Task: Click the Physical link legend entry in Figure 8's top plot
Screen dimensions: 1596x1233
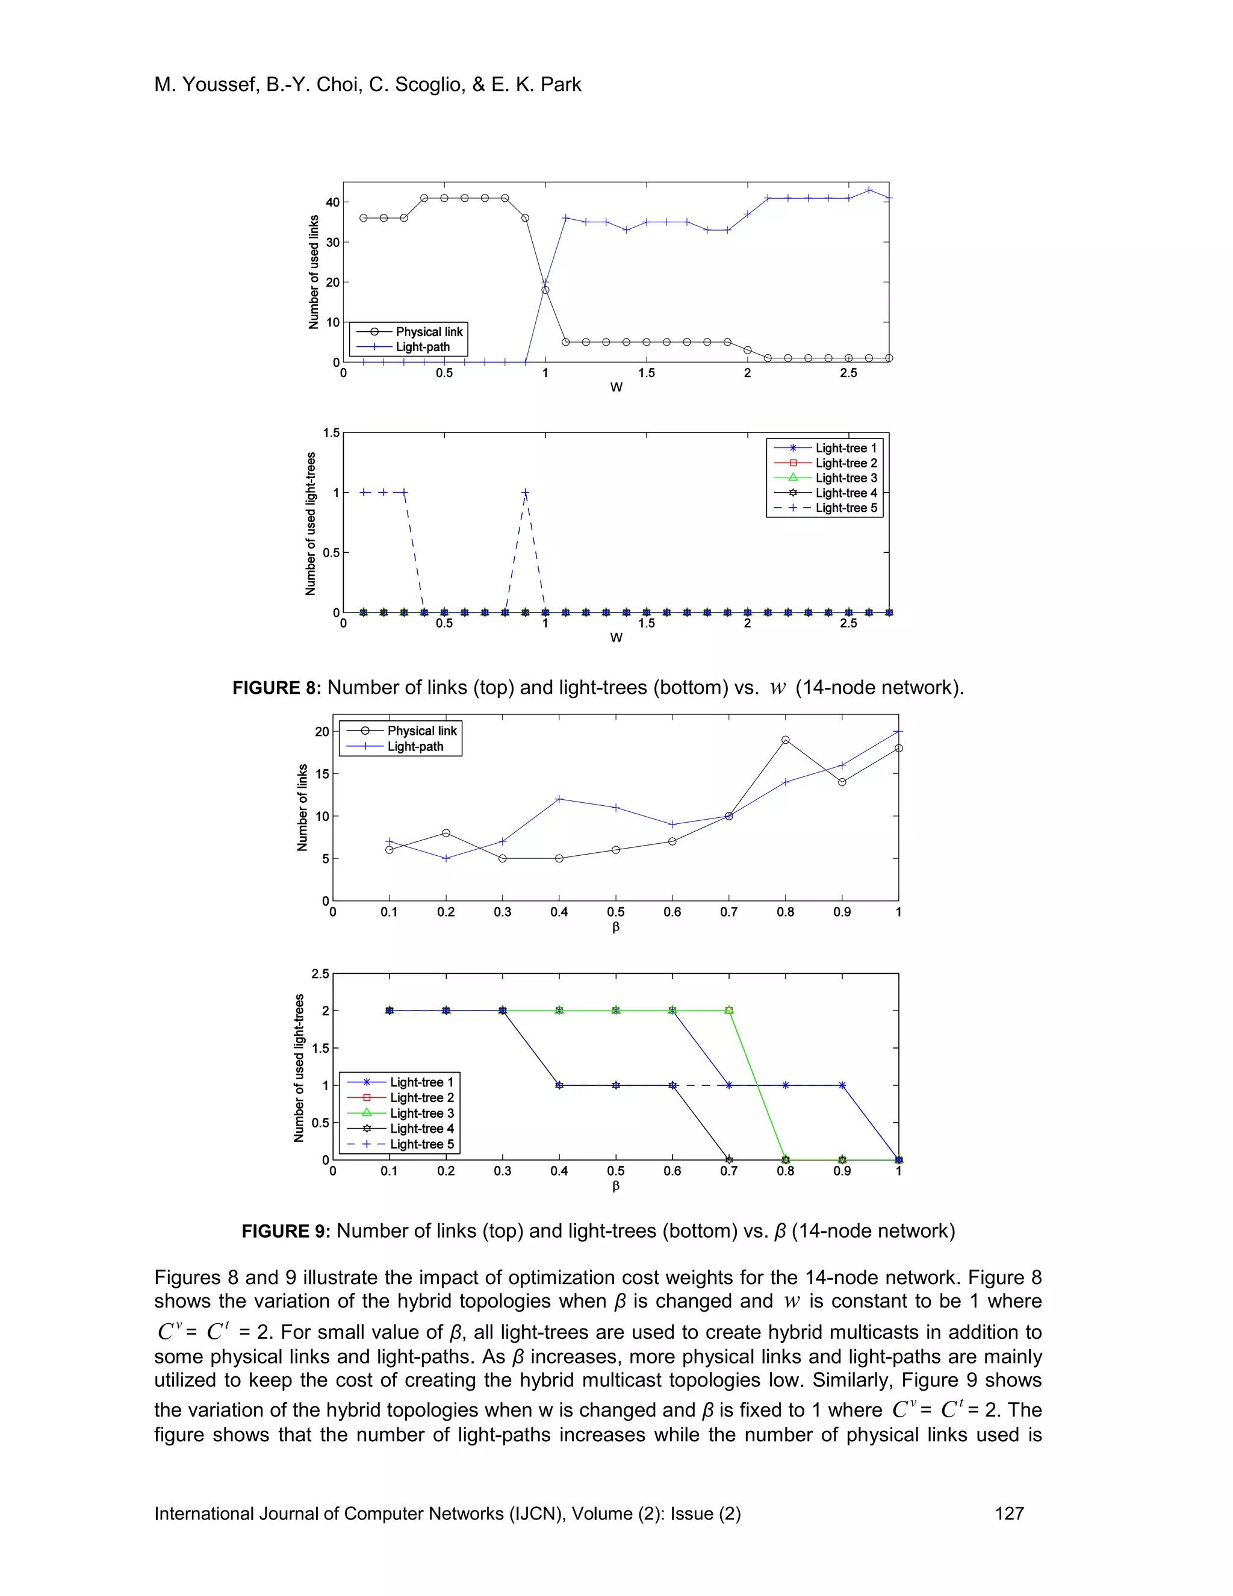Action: pos(429,332)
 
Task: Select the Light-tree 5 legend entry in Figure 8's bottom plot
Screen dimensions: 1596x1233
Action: pos(846,508)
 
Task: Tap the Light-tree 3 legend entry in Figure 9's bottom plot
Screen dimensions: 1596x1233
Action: pos(421,1113)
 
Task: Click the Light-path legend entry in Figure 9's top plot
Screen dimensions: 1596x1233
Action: pos(415,746)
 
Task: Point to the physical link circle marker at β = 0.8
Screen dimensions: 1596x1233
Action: pos(785,740)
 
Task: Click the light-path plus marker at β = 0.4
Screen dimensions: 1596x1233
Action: pos(559,799)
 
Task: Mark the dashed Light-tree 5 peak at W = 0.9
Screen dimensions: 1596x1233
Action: pos(525,493)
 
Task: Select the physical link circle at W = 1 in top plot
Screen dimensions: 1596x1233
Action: pos(545,290)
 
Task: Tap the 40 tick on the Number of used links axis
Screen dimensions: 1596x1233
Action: pos(332,202)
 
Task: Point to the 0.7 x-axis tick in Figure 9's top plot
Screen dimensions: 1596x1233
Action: pos(728,912)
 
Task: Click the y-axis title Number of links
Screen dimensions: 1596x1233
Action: pos(302,808)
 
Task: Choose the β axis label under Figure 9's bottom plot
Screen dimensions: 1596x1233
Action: pos(616,1186)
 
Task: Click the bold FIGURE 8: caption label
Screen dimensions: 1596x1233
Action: pos(277,688)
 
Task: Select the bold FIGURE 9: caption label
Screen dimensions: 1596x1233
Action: pos(287,1232)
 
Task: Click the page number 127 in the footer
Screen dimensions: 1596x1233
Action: pos(1009,1513)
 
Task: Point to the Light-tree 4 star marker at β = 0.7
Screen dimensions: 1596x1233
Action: pos(728,1160)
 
